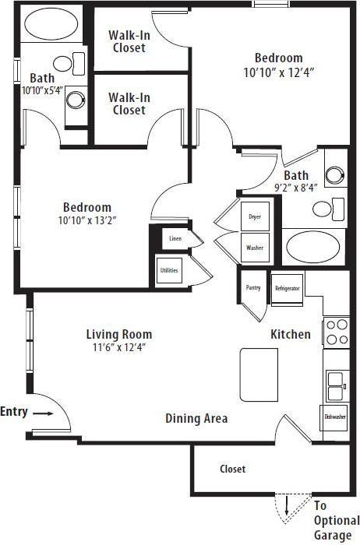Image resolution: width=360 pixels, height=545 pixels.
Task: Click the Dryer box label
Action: coord(254,216)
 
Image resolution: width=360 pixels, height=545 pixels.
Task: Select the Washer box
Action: coord(254,248)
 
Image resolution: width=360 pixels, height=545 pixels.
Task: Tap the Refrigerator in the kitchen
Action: coord(287,288)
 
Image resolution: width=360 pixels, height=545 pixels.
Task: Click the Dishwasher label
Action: coord(335,417)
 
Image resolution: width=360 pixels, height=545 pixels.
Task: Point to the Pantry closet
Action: coord(253,287)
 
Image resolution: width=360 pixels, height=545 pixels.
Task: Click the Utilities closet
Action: coord(169,270)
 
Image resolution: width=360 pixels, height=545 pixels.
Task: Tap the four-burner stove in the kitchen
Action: coord(337,332)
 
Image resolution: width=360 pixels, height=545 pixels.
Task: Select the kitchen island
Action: coord(259,371)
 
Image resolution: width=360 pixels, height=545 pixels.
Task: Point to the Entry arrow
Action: coord(43,413)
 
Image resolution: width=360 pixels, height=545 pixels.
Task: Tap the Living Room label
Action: coord(118,334)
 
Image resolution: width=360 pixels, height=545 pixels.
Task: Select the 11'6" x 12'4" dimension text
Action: coord(118,347)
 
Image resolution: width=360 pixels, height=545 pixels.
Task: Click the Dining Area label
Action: coord(196,419)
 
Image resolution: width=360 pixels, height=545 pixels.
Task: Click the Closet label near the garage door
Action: coord(232,469)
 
